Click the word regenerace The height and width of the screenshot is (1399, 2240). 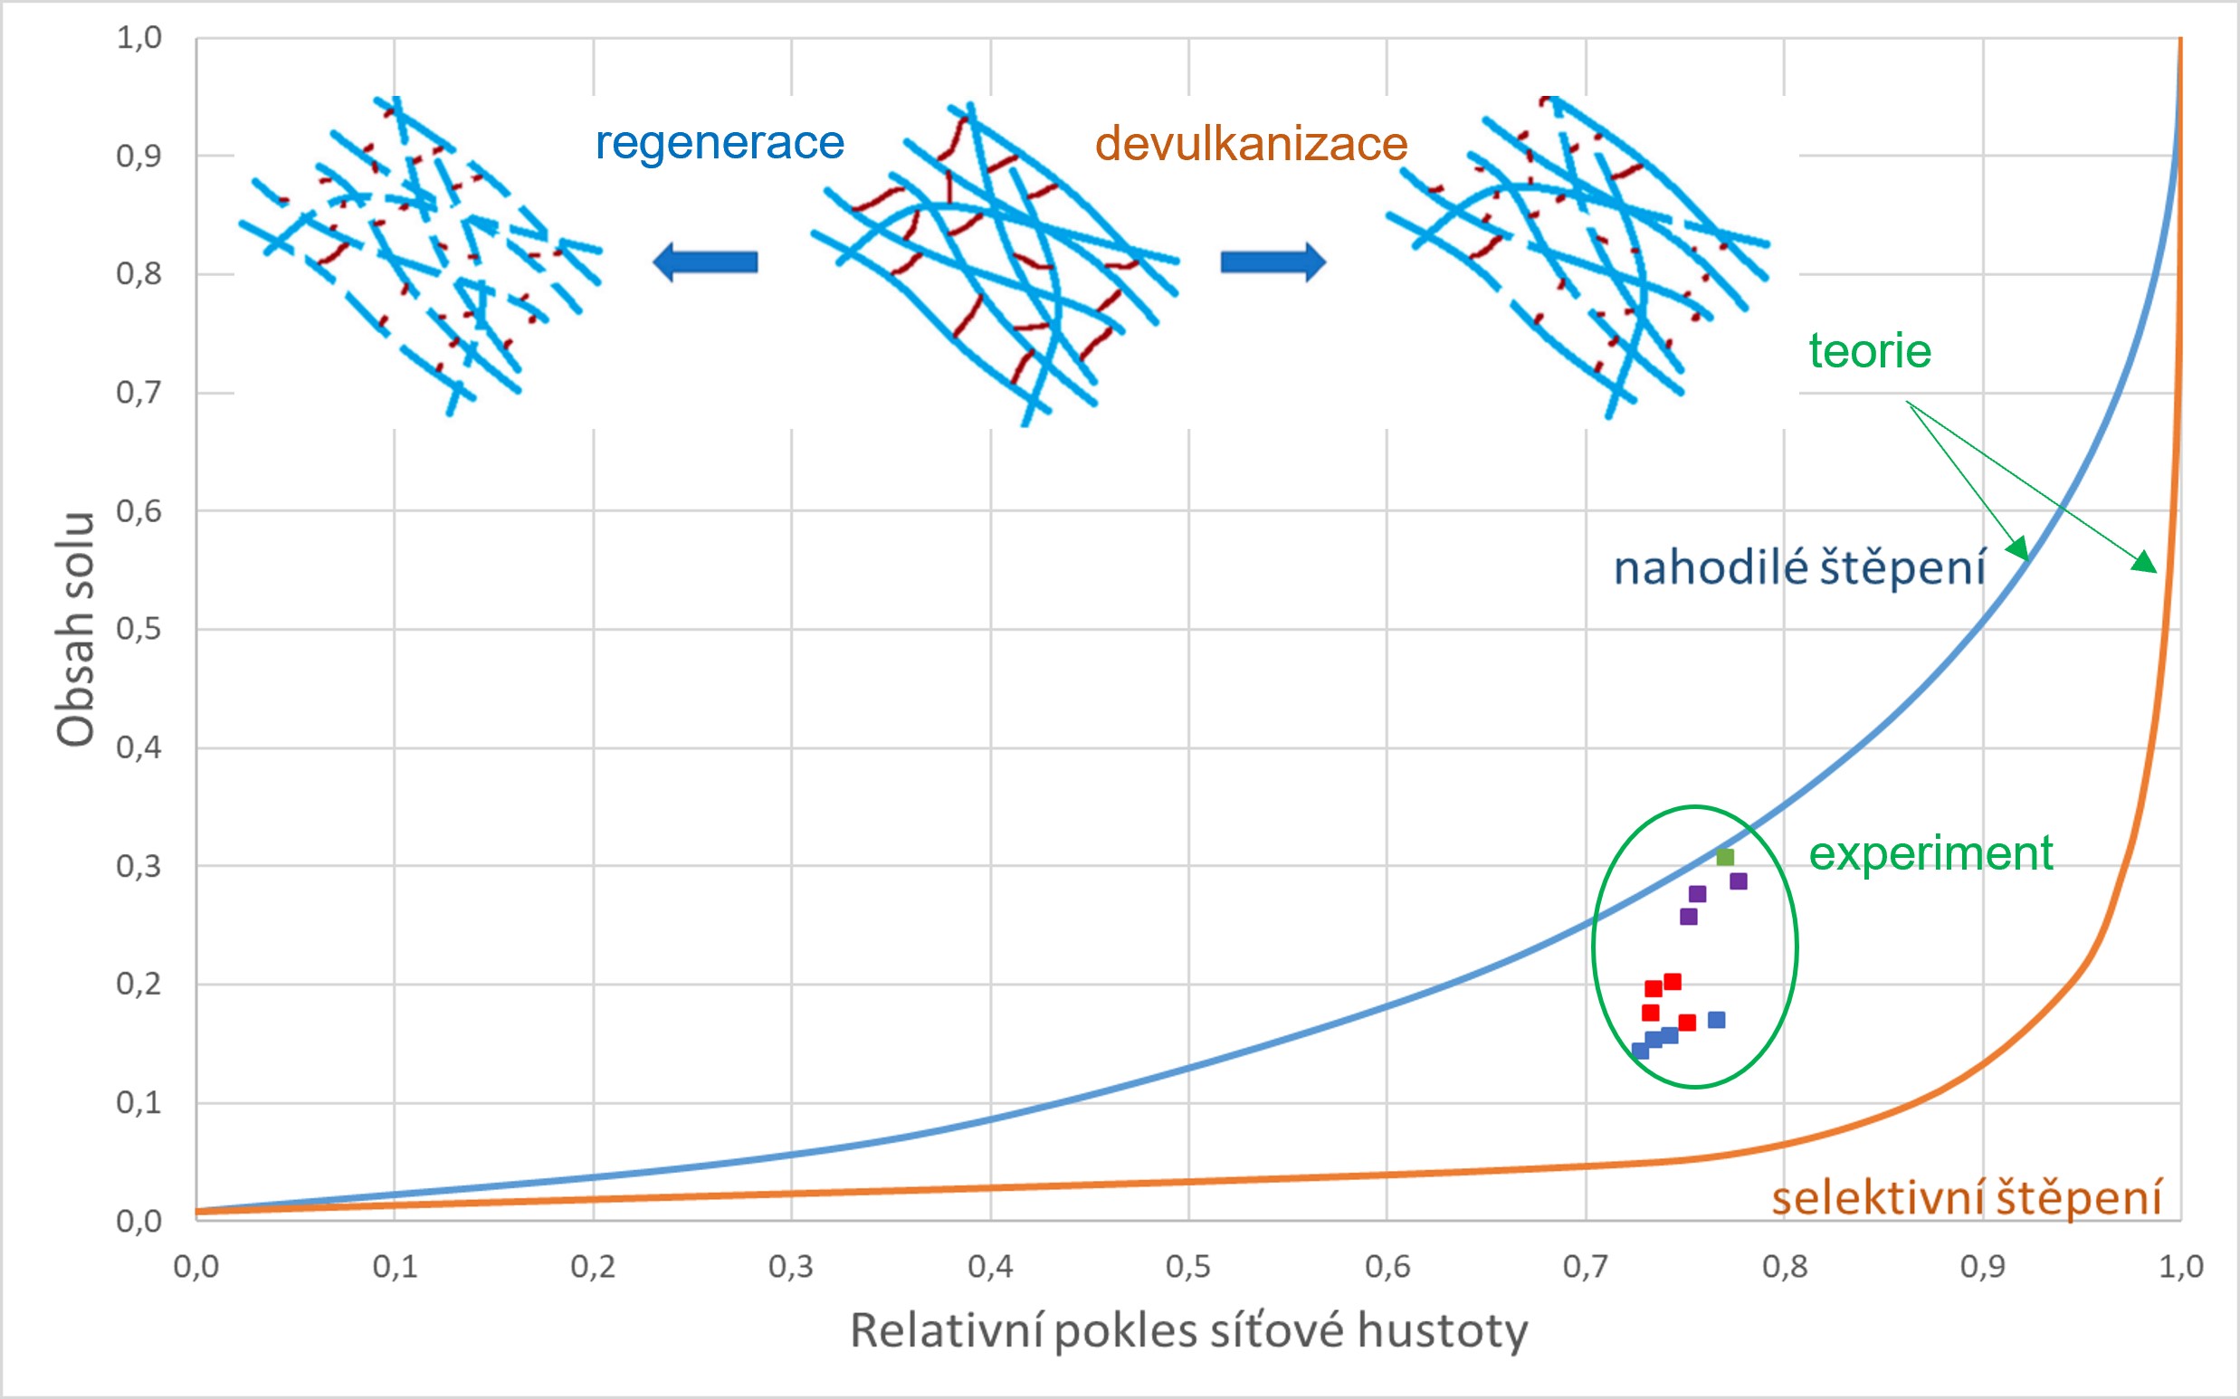[x=719, y=143]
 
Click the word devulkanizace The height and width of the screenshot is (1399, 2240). [x=1251, y=145]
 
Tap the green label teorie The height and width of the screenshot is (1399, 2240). [x=1870, y=352]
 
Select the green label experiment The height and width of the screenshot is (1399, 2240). [x=1931, y=853]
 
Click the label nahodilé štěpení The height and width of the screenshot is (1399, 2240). [x=1799, y=567]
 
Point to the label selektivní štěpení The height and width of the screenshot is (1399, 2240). [x=1966, y=1197]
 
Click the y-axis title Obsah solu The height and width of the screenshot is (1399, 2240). [x=76, y=629]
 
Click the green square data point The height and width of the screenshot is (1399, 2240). [x=1725, y=857]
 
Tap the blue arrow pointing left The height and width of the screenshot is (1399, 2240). [x=705, y=262]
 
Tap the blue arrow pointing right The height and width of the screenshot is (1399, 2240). [x=1273, y=262]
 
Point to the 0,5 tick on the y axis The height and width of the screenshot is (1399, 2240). [x=138, y=629]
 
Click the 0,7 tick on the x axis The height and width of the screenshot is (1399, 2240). [x=1585, y=1267]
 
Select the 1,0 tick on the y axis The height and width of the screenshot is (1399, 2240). [x=138, y=38]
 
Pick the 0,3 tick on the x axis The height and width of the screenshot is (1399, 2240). [x=791, y=1267]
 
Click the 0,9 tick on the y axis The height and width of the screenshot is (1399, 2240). [x=138, y=157]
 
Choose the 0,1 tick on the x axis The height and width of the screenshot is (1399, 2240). [x=396, y=1267]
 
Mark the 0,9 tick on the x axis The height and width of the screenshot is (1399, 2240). [x=1982, y=1267]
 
